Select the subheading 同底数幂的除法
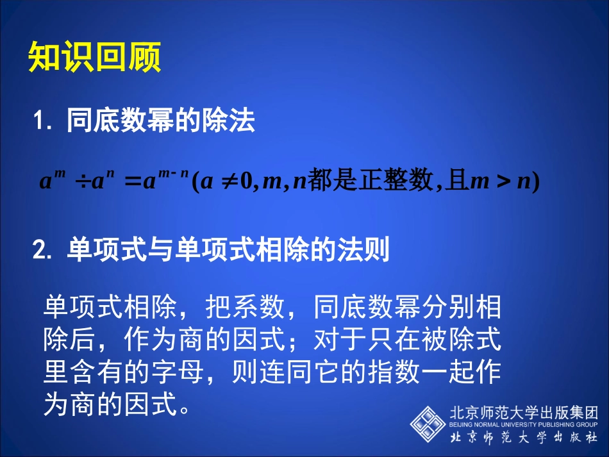[x=160, y=120]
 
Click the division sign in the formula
[x=82, y=183]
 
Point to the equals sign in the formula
[x=131, y=183]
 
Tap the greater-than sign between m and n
[x=502, y=183]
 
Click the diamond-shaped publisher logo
[x=428, y=423]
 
